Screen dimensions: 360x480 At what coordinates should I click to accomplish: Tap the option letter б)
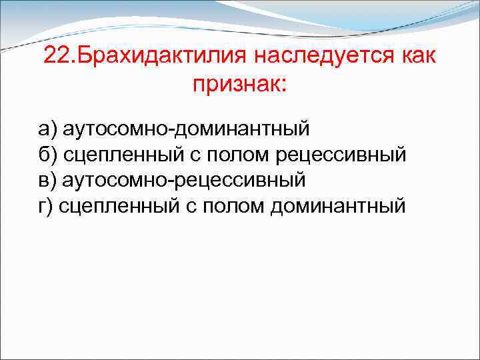46,154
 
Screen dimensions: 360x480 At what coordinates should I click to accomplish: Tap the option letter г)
45,205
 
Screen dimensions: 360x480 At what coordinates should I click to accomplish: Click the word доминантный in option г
337,205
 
